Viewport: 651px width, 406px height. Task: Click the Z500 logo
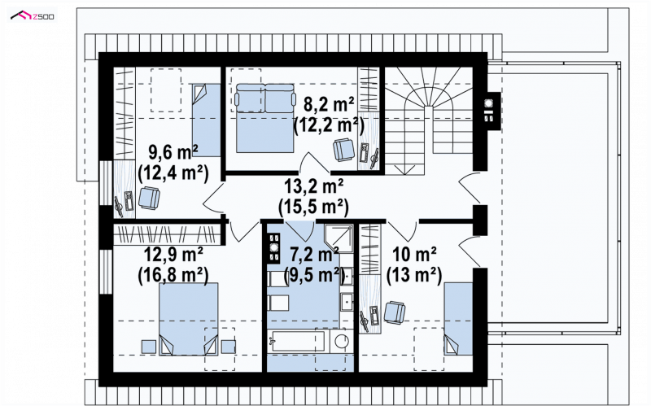(x=33, y=16)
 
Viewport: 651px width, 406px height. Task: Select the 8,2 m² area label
(x=329, y=104)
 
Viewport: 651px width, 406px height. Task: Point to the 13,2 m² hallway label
(x=313, y=186)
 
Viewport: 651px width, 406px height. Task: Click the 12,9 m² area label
(x=173, y=254)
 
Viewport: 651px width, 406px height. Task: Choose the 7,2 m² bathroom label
(x=314, y=254)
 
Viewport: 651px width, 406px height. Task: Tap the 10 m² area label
(x=414, y=254)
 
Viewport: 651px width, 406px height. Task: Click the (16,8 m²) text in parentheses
(x=173, y=274)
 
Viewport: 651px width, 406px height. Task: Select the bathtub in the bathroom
(x=298, y=341)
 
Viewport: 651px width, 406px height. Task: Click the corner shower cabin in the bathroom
(x=339, y=238)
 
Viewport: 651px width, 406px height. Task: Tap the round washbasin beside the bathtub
(x=342, y=341)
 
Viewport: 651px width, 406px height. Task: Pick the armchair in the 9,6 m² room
(x=149, y=198)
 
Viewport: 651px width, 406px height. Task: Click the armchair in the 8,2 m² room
(x=343, y=150)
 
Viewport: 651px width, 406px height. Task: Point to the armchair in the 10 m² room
(x=395, y=312)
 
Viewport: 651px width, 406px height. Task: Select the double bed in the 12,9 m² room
(x=189, y=319)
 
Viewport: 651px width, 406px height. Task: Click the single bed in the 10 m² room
(x=458, y=319)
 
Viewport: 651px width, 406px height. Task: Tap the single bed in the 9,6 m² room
(x=206, y=120)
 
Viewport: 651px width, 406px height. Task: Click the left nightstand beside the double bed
(x=149, y=347)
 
